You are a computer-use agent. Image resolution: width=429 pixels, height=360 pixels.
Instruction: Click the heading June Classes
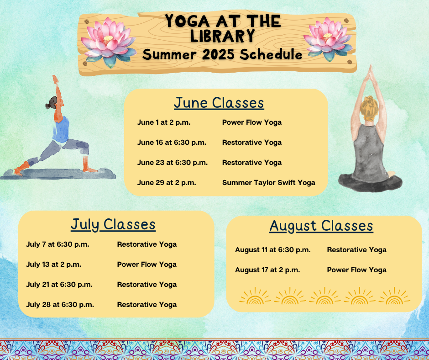219,103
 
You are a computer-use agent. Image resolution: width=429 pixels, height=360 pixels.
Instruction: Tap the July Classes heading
113,225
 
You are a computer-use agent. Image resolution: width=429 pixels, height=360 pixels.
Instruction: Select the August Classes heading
321,226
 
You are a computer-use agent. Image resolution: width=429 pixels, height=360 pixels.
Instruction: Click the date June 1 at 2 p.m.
163,122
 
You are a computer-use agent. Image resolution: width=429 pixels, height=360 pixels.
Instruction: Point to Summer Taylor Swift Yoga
268,183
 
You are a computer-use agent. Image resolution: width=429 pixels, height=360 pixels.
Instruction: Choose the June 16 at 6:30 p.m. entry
172,143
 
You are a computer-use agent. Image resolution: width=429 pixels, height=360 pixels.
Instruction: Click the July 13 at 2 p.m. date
54,265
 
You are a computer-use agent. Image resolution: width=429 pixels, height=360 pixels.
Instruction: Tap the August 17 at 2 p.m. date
267,270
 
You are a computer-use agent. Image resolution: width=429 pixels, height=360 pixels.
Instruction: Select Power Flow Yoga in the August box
356,270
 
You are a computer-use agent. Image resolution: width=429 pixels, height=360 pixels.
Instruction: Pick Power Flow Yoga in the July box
146,265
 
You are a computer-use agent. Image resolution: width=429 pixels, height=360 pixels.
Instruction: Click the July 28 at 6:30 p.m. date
60,305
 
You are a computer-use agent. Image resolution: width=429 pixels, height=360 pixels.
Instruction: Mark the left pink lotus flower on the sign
108,42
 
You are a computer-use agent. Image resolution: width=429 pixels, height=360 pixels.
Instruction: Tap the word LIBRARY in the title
223,36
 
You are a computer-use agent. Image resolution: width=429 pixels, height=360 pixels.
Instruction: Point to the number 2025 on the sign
218,54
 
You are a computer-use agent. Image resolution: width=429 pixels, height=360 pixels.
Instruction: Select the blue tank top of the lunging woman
61,130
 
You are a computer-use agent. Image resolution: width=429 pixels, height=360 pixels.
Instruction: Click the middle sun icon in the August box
325,296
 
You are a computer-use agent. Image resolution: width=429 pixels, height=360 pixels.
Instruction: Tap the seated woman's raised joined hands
371,72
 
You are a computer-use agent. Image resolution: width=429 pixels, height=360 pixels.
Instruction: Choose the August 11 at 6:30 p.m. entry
273,250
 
